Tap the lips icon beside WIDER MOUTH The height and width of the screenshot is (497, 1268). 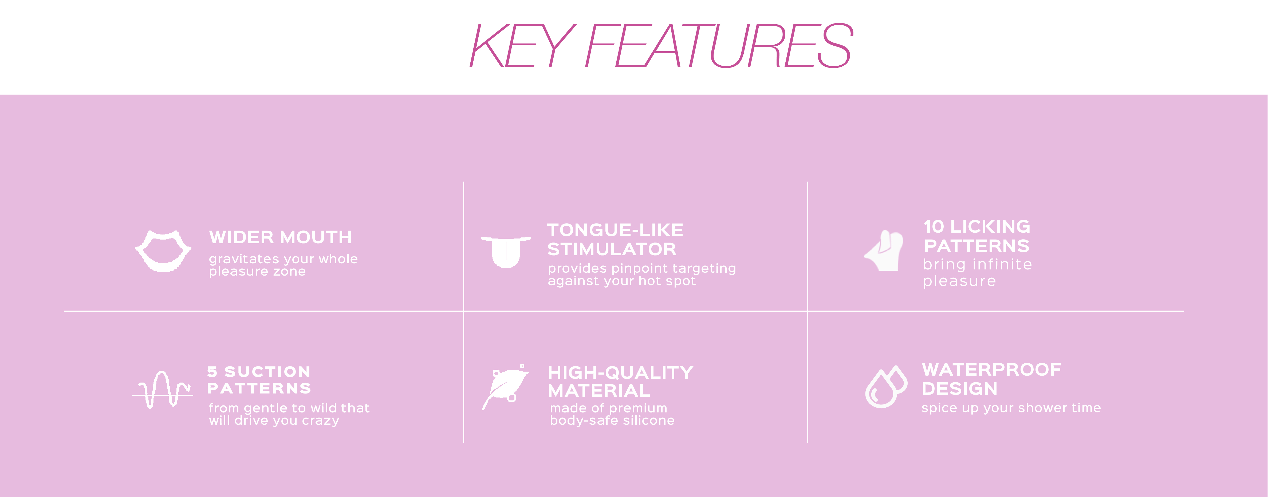coord(163,251)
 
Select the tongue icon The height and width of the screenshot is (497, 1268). coord(506,252)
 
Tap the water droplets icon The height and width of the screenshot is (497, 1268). coord(886,387)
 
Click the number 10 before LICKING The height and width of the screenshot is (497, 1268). coord(934,227)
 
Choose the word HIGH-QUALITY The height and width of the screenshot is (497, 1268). coord(620,372)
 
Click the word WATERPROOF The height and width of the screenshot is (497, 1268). coord(991,369)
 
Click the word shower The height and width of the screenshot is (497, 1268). coord(1036,408)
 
